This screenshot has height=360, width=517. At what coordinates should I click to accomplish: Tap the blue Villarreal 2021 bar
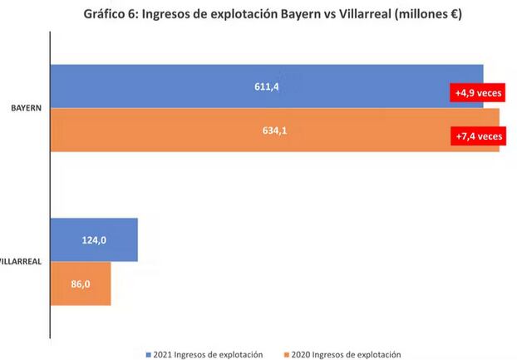click(x=94, y=240)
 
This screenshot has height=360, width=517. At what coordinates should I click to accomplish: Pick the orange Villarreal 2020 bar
click(x=81, y=284)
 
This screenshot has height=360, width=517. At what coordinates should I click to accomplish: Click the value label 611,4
click(x=266, y=86)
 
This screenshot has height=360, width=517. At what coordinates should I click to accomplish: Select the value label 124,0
click(x=94, y=240)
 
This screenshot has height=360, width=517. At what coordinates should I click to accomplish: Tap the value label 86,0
click(x=81, y=284)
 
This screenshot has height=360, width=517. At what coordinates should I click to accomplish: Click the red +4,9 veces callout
click(x=476, y=93)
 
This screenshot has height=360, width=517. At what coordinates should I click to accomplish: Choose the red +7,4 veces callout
click(x=478, y=136)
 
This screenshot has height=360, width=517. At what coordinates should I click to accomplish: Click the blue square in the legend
click(x=148, y=353)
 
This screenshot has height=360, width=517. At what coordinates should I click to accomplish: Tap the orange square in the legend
click(x=287, y=353)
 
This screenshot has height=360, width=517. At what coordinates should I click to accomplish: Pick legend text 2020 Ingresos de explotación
click(x=347, y=353)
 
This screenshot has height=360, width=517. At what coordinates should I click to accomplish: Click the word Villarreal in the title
click(x=368, y=14)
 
